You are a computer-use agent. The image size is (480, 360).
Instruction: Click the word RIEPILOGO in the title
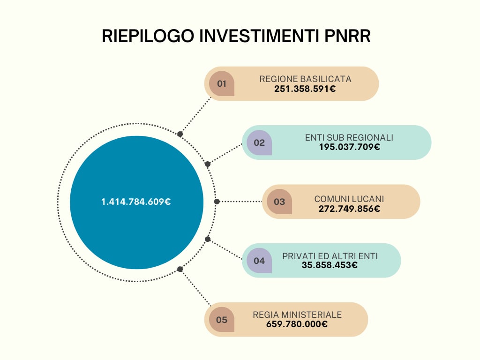pyautogui.click(x=148, y=36)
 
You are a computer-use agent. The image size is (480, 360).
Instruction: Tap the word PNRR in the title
pyautogui.click(x=347, y=36)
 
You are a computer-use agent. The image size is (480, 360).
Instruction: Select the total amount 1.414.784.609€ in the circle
pyautogui.click(x=136, y=202)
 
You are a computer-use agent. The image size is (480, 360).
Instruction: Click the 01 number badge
pyautogui.click(x=222, y=83)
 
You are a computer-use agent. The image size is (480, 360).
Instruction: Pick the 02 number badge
pyautogui.click(x=259, y=142)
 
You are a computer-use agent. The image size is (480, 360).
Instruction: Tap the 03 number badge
pyautogui.click(x=279, y=202)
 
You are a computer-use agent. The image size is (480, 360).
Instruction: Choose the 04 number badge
pyautogui.click(x=259, y=261)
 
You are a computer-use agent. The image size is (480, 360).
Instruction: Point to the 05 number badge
pyautogui.click(x=222, y=320)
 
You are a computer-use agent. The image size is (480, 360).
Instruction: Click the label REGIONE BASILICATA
pyautogui.click(x=305, y=79)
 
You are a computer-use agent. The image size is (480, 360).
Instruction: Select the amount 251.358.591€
pyautogui.click(x=305, y=89)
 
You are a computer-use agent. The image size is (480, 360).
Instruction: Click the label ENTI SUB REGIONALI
pyautogui.click(x=349, y=138)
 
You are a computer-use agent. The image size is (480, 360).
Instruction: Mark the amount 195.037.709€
pyautogui.click(x=350, y=147)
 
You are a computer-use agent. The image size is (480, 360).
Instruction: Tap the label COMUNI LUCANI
pyautogui.click(x=349, y=199)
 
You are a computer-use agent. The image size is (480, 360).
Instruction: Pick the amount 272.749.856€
pyautogui.click(x=349, y=209)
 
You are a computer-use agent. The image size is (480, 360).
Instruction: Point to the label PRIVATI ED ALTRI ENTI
pyautogui.click(x=330, y=256)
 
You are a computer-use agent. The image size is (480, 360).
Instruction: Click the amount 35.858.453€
pyautogui.click(x=330, y=265)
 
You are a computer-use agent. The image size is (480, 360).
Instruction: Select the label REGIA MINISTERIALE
pyautogui.click(x=297, y=315)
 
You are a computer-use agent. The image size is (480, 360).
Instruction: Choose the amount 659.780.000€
pyautogui.click(x=297, y=324)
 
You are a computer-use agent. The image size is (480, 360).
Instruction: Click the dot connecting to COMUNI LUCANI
pyautogui.click(x=217, y=202)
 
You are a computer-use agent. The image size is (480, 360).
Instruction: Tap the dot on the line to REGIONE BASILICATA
pyautogui.click(x=180, y=134)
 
